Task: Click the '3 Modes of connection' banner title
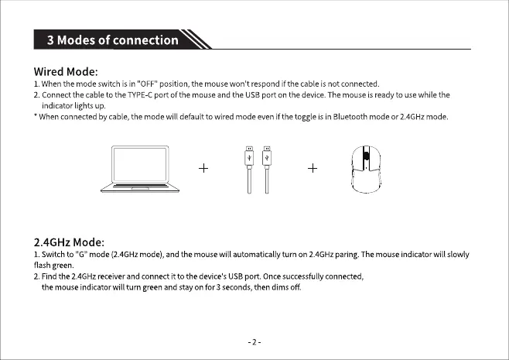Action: click(x=113, y=40)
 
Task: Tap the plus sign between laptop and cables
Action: click(x=204, y=169)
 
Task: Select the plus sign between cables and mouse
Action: click(x=313, y=169)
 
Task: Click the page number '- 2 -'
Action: click(x=254, y=341)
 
